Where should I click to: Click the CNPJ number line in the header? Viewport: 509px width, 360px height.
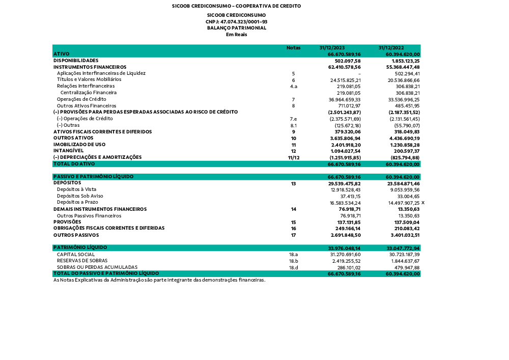pos(236,22)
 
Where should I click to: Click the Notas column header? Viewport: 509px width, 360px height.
pos(293,47)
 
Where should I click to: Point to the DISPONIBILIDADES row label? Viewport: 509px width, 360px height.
pos(76,60)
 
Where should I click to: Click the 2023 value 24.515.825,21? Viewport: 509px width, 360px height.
pos(345,80)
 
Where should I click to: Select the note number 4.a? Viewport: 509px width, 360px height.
pos(293,87)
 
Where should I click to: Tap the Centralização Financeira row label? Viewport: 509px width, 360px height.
pos(89,93)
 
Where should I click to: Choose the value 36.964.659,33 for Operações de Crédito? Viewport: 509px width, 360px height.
pos(345,99)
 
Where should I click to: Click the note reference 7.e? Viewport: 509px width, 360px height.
pos(293,119)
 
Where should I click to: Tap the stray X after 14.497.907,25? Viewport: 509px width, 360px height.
pos(422,203)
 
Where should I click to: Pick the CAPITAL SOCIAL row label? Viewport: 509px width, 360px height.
pos(76,254)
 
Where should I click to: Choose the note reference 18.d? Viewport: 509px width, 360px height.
pos(293,267)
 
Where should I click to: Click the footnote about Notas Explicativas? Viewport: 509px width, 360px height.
pos(159,280)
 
